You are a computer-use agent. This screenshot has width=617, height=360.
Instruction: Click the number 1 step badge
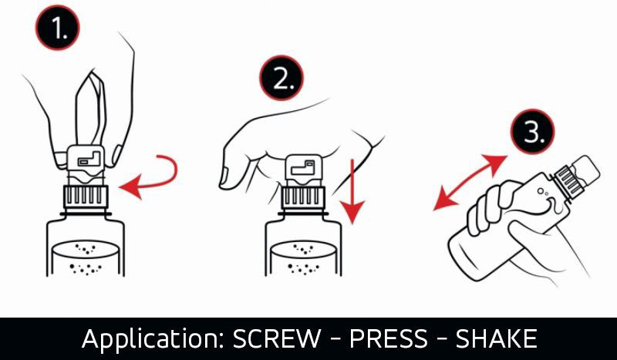pos(57,27)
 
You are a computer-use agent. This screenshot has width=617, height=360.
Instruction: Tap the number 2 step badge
pos(282,78)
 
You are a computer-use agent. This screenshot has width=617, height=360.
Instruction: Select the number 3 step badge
pos(533,131)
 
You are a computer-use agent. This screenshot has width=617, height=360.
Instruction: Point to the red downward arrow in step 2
pos(352,192)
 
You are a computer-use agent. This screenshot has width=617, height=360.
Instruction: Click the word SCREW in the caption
pos(277,338)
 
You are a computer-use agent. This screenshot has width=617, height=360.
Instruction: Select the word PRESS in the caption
pos(388,338)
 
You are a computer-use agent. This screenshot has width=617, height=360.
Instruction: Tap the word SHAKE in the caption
pos(496,338)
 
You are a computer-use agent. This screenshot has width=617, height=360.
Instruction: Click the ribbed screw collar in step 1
pos(86,196)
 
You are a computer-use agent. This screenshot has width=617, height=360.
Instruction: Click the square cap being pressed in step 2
pos(303,170)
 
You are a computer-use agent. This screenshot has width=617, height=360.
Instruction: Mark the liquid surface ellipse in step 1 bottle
pos(86,249)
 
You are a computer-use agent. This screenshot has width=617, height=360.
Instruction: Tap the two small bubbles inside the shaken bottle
pos(542,192)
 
